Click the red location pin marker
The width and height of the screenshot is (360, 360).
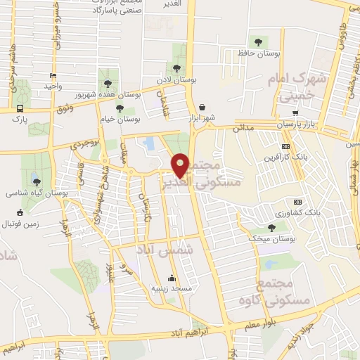(181, 165)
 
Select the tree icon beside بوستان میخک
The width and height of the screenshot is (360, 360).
(271, 227)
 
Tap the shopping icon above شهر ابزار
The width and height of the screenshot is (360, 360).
(202, 106)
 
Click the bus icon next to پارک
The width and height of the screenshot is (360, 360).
(19, 109)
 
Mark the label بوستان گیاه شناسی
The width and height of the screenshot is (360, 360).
(27, 192)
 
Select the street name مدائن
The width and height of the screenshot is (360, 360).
(243, 127)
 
